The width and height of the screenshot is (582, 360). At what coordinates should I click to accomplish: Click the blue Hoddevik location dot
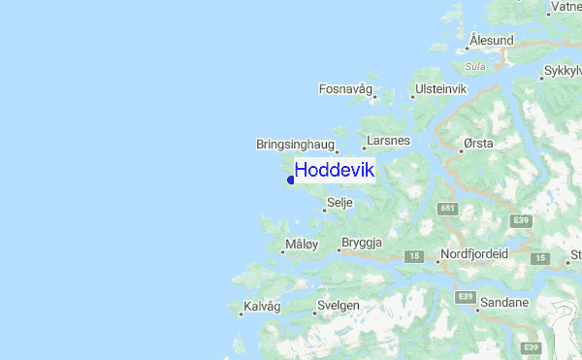291,180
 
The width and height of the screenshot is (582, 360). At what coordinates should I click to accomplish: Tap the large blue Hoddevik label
334,171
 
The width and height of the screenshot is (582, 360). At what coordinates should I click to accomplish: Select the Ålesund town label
491,40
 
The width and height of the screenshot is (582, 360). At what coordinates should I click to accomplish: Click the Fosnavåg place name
346,89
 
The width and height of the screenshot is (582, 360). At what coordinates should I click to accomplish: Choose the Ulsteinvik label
441,89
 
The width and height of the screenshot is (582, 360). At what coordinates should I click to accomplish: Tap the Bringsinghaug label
295,145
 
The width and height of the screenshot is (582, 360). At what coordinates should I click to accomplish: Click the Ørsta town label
479,143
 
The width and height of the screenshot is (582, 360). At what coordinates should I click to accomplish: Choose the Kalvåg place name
263,306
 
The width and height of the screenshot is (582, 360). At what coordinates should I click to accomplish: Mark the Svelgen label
339,306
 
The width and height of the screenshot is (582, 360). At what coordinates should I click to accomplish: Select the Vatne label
566,7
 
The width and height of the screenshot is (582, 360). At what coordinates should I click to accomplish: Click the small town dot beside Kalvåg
241,313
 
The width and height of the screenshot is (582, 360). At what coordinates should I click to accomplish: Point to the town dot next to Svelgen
315,313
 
